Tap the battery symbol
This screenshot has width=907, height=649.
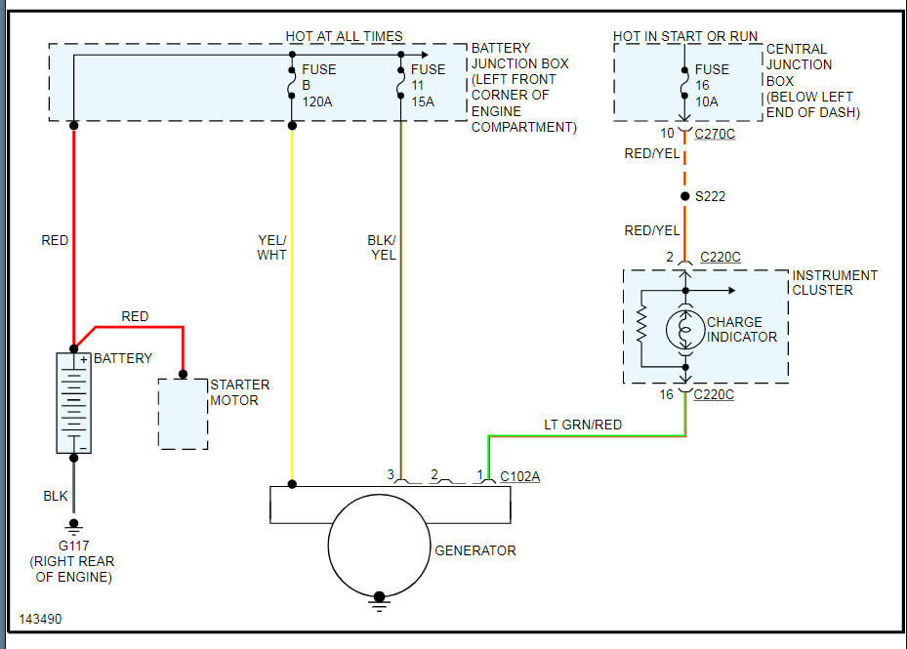click(73, 403)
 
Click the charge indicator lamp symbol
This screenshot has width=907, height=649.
click(685, 330)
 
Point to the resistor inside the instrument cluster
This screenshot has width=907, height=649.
click(641, 324)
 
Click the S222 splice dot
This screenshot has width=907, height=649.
click(684, 196)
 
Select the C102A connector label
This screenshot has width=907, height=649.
click(520, 476)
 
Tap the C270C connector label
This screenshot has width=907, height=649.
click(715, 135)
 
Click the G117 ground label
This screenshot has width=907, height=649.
click(73, 546)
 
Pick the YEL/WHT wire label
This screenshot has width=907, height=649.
click(271, 248)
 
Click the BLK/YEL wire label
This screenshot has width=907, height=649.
click(382, 248)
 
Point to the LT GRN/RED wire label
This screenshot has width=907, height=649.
click(583, 425)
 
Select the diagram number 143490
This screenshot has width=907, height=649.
click(40, 619)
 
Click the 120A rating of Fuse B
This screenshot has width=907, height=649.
click(317, 101)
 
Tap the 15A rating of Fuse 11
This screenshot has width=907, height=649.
click(423, 101)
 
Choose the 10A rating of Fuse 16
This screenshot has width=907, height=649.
click(706, 101)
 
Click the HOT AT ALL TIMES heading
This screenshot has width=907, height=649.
click(345, 36)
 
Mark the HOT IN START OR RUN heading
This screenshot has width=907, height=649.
click(685, 36)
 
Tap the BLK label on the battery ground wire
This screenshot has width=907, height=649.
click(56, 496)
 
